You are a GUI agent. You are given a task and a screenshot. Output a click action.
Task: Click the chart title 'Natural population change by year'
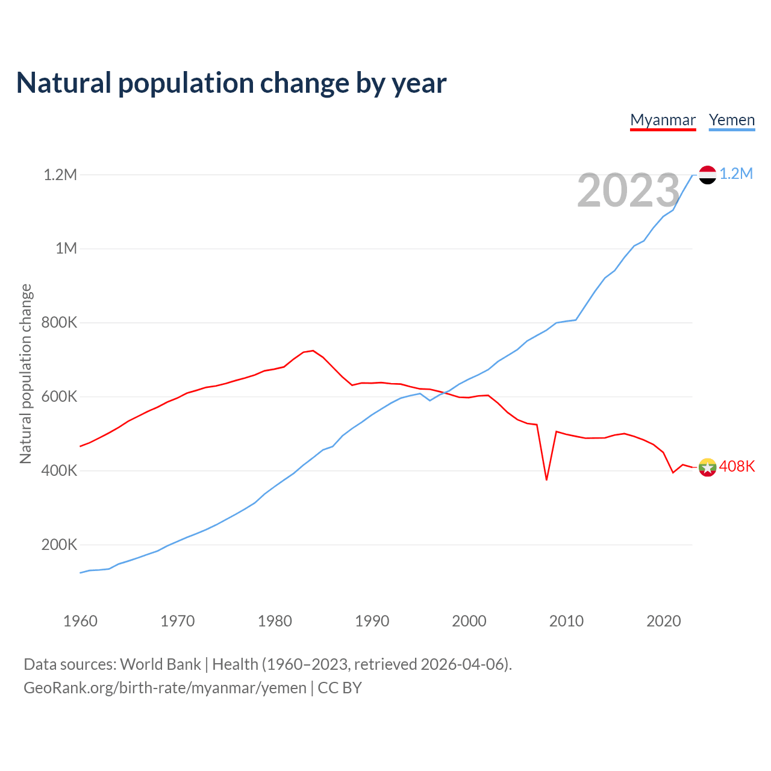point(231,83)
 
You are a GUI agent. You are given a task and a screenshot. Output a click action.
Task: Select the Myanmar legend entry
point(663,120)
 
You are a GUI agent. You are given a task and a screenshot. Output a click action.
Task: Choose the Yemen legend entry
point(731,120)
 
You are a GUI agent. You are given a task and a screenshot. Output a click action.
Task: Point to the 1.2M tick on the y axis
point(60,175)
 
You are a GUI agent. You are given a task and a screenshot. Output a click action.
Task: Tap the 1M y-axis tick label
point(66,248)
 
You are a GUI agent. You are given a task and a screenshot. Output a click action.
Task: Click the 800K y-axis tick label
point(59,322)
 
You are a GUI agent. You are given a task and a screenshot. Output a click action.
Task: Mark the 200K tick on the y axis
point(59,545)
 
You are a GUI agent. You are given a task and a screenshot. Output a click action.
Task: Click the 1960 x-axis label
point(80,621)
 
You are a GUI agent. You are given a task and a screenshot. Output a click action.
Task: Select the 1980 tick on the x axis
point(275,621)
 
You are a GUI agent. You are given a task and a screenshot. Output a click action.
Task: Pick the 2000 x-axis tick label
point(469,621)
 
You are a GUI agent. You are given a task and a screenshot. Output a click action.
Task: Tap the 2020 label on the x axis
point(663,621)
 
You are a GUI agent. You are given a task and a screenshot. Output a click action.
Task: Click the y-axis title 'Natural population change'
point(25,374)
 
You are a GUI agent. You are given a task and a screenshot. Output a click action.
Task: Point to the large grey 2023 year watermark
point(628,190)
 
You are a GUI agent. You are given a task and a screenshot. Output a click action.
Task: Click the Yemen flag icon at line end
point(707,175)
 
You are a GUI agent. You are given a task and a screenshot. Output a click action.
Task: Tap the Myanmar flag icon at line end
point(707,467)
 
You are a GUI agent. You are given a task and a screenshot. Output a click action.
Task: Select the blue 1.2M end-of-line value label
point(736,173)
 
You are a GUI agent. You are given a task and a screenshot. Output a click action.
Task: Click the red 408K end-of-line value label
point(737,467)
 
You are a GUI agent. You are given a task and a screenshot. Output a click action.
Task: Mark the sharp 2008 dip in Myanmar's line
point(546,479)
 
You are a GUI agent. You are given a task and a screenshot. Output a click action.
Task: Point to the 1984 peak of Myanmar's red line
point(313,351)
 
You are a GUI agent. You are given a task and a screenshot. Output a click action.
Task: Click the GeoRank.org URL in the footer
point(165,688)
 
